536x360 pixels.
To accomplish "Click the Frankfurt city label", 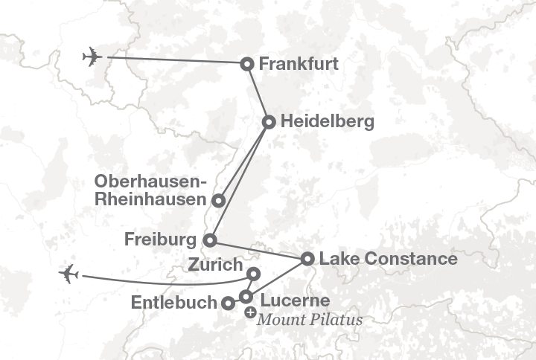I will tap(299, 64).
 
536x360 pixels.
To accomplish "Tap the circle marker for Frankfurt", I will tap(247, 64).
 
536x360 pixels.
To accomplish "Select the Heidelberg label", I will tap(328, 120).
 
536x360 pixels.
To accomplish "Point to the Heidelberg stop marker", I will tap(269, 121).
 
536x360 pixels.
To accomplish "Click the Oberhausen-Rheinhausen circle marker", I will tap(218, 200).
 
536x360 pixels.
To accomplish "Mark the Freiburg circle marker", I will tap(210, 240).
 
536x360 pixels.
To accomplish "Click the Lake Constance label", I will tap(388, 259).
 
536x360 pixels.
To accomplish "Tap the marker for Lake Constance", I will tap(307, 259).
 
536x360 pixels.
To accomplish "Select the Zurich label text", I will tap(215, 265).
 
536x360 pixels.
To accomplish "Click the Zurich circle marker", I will tap(253, 274).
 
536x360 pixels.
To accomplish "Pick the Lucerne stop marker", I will tap(246, 297).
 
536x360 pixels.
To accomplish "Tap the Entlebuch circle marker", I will tap(226, 303).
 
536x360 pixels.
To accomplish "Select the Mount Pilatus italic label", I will tap(310, 320).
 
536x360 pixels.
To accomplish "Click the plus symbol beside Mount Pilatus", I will tap(250, 313).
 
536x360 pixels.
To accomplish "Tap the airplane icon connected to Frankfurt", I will tap(92, 57).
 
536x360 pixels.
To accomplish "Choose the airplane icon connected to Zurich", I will tap(69, 274).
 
